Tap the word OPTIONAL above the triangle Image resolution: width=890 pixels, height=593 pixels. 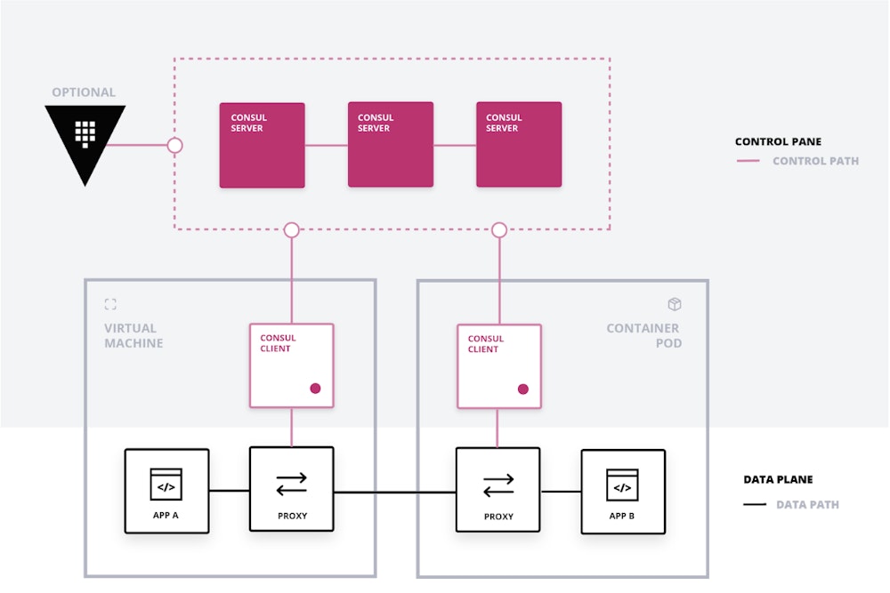(84, 92)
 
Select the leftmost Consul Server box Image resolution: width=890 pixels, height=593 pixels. (263, 145)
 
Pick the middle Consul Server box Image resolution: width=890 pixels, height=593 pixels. (391, 145)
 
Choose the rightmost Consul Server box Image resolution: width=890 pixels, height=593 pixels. (519, 145)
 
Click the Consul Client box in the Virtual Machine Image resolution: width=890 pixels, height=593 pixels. (292, 365)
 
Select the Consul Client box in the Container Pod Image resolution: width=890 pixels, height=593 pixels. (499, 365)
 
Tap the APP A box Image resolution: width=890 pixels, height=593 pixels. (166, 491)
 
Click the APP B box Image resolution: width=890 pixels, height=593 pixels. (623, 491)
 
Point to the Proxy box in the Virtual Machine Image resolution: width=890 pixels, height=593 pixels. (292, 490)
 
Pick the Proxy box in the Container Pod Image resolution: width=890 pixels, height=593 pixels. (498, 490)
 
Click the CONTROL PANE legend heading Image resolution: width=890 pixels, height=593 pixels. (778, 141)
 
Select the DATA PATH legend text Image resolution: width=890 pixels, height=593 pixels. (807, 505)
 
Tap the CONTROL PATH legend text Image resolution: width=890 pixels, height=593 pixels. (815, 161)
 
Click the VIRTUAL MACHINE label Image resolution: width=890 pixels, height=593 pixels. (133, 335)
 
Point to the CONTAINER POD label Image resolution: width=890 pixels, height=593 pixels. (643, 335)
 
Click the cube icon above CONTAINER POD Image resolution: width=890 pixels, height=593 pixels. (675, 305)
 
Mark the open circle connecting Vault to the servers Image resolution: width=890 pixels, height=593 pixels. (175, 145)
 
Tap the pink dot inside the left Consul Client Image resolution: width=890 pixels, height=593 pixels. (315, 389)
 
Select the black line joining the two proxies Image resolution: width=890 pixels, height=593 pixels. (394, 492)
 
